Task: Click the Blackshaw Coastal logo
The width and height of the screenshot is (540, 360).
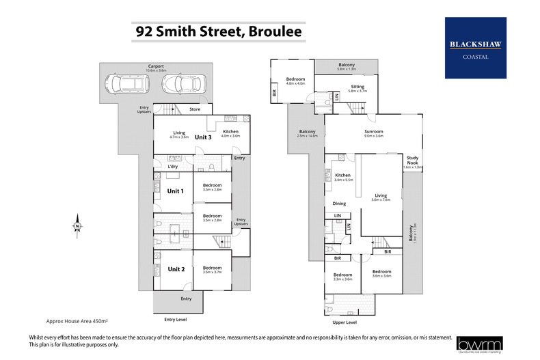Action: [476, 47]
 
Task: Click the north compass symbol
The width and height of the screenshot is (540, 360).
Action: [78, 225]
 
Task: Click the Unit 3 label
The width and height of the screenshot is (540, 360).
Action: [203, 137]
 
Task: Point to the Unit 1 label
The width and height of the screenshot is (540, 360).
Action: [175, 191]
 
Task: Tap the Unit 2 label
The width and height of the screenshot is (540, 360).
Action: [177, 268]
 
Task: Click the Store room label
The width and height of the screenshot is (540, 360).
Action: [194, 109]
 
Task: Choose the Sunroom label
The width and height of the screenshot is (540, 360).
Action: [373, 132]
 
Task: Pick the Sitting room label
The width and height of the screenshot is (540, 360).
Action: [357, 87]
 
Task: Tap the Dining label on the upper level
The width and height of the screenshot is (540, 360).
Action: [339, 204]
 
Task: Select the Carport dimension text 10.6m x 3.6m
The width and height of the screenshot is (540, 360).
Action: [155, 70]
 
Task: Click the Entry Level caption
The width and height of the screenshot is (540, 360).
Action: [175, 319]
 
